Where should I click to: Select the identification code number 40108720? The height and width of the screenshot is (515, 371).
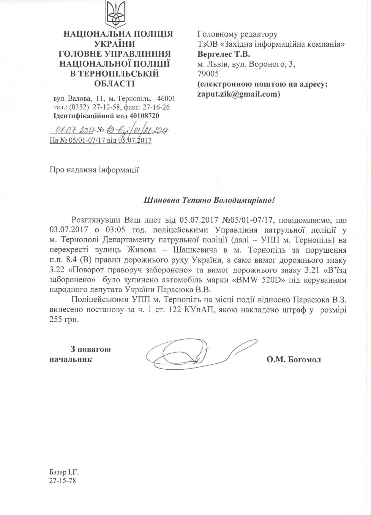(x=144, y=116)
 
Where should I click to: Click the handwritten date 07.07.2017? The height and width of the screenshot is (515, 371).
(x=75, y=130)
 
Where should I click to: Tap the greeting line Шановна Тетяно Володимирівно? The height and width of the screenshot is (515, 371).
(x=209, y=200)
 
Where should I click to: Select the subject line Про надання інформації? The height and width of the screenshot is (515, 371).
(x=94, y=170)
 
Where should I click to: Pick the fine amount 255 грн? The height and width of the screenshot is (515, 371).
(x=64, y=320)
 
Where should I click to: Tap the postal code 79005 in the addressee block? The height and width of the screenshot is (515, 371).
(x=208, y=74)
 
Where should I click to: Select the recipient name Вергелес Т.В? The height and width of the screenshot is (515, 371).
(x=224, y=54)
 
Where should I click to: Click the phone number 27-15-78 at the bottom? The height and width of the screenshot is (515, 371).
(x=63, y=480)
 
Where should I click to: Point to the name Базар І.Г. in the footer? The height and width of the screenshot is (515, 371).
(x=64, y=472)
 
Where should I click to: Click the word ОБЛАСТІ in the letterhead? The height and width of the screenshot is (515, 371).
(x=114, y=84)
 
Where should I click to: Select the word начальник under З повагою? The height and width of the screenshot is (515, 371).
(x=71, y=359)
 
